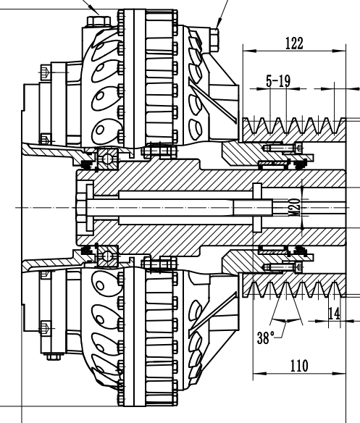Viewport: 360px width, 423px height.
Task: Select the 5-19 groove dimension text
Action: (x=278, y=82)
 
